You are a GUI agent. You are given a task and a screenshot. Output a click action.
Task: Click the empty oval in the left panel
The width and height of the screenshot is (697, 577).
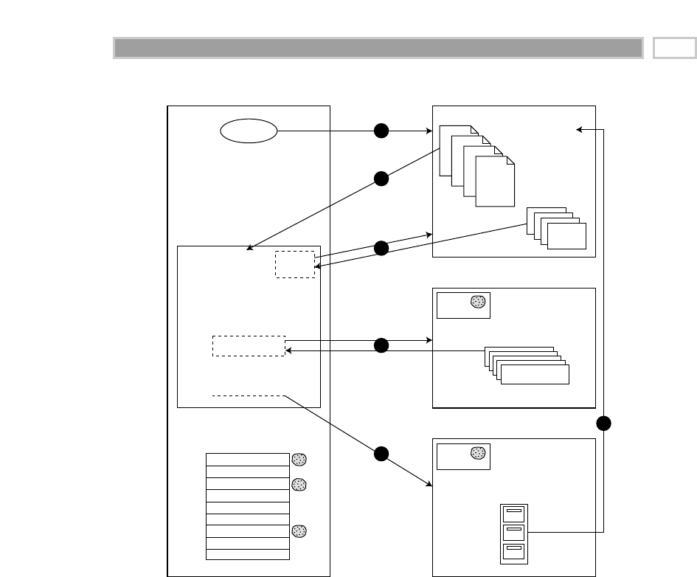pyautogui.click(x=249, y=131)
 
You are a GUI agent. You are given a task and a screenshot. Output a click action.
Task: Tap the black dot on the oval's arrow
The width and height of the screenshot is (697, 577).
pyautogui.click(x=381, y=131)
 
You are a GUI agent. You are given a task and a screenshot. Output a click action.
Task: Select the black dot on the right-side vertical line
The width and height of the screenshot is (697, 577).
pyautogui.click(x=604, y=424)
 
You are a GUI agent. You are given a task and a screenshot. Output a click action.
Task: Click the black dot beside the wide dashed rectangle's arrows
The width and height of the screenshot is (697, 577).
pyautogui.click(x=381, y=345)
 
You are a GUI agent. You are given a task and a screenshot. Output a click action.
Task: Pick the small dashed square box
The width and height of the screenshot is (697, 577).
pyautogui.click(x=295, y=264)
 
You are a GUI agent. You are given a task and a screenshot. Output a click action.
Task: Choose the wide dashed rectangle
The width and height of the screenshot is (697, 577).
pyautogui.click(x=249, y=346)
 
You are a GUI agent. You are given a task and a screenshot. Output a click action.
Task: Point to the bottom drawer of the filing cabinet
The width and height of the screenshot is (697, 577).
pyautogui.click(x=514, y=551)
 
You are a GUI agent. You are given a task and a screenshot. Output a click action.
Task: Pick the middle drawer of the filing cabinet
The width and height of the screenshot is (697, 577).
pyautogui.click(x=514, y=532)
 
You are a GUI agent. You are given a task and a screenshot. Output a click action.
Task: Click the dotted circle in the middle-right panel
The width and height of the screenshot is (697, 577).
pyautogui.click(x=478, y=302)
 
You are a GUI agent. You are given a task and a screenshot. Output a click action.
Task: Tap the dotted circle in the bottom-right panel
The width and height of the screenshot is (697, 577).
pyautogui.click(x=478, y=453)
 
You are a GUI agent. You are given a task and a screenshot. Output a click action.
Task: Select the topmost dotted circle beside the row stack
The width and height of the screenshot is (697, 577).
pyautogui.click(x=299, y=459)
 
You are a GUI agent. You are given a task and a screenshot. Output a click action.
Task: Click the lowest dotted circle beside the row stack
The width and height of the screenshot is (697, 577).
pyautogui.click(x=299, y=531)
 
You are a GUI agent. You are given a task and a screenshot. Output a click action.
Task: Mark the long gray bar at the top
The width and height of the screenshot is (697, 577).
pyautogui.click(x=378, y=48)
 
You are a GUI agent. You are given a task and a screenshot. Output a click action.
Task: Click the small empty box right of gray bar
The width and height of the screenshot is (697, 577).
pyautogui.click(x=674, y=48)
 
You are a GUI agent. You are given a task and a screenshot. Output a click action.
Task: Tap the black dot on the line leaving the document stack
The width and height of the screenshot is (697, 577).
pyautogui.click(x=381, y=178)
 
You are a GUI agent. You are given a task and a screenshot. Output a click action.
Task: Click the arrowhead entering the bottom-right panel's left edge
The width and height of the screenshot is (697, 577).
pyautogui.click(x=429, y=484)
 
